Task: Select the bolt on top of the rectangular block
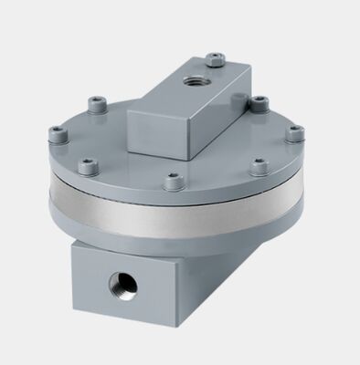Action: pos(216,61)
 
